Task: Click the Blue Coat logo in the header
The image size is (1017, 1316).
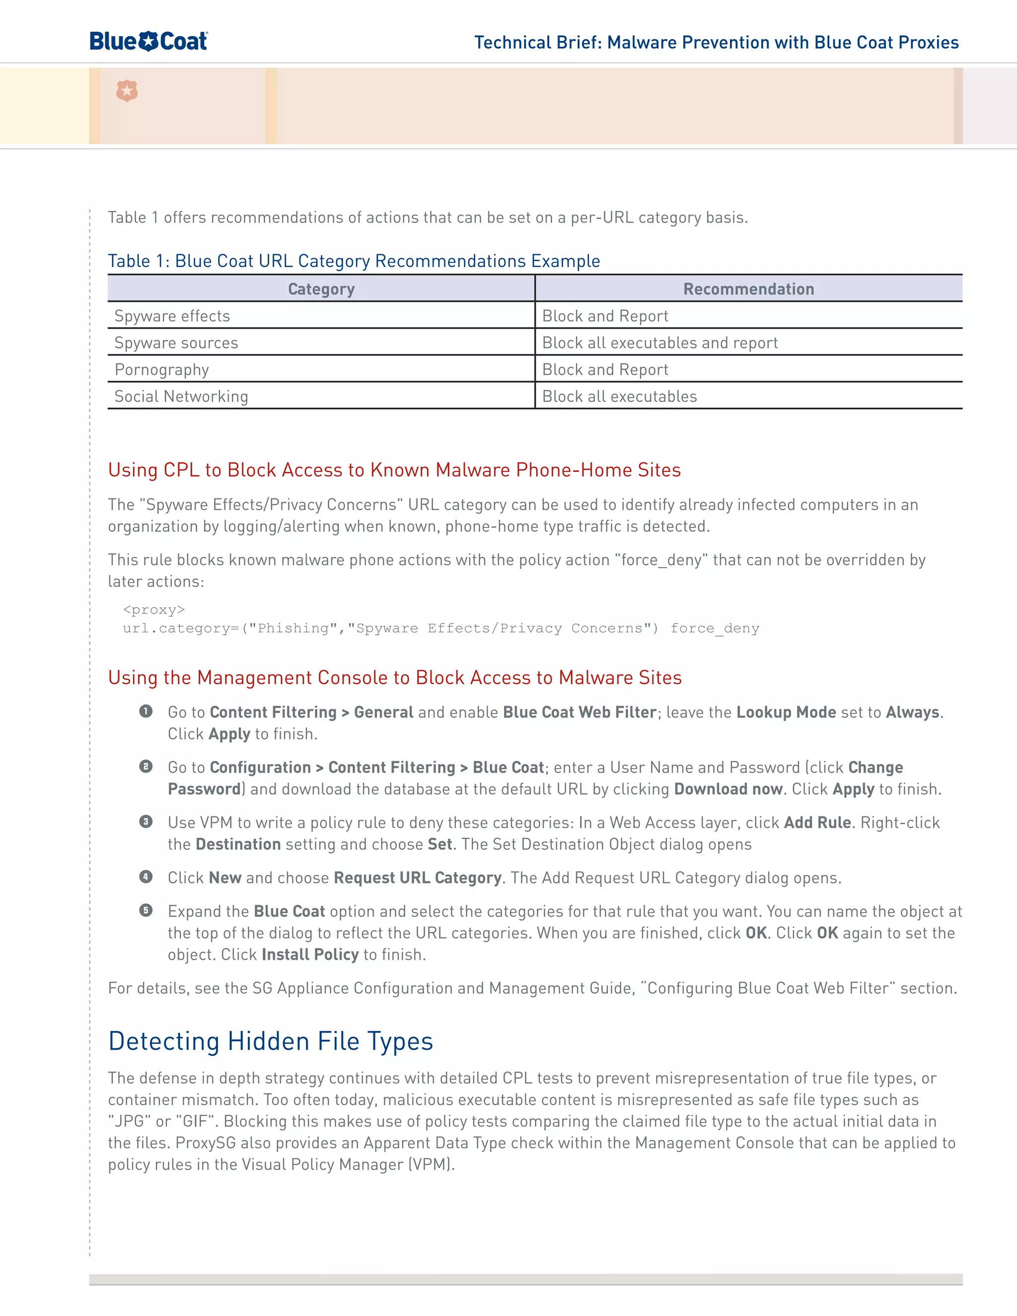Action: [148, 42]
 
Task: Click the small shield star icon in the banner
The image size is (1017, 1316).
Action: [127, 91]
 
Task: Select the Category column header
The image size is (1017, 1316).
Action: [321, 289]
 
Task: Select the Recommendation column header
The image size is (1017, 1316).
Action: [748, 289]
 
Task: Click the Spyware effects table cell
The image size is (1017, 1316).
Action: [172, 316]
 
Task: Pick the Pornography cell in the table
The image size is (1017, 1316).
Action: [161, 369]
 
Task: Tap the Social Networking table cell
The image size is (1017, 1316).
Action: [181, 396]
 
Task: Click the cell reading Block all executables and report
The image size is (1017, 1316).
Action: [660, 343]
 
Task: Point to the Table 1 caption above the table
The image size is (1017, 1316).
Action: [354, 261]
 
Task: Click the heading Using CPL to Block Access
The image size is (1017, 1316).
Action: [394, 470]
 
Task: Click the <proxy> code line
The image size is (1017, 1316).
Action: [153, 610]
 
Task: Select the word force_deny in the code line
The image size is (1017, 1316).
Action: [715, 629]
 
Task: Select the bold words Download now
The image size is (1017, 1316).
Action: [728, 790]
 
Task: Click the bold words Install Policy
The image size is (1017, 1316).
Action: [310, 954]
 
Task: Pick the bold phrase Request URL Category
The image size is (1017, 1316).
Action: [418, 878]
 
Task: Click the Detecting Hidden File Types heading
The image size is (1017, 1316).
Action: [271, 1041]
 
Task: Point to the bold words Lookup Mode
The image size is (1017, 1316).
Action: [786, 712]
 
